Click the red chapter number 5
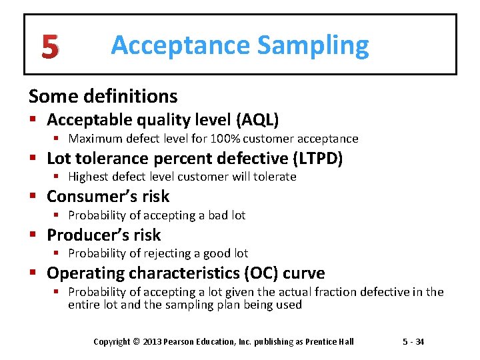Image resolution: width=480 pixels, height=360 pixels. [x=49, y=47]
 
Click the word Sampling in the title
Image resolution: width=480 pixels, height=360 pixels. [x=313, y=45]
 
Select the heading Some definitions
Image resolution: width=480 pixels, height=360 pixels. [x=103, y=96]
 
